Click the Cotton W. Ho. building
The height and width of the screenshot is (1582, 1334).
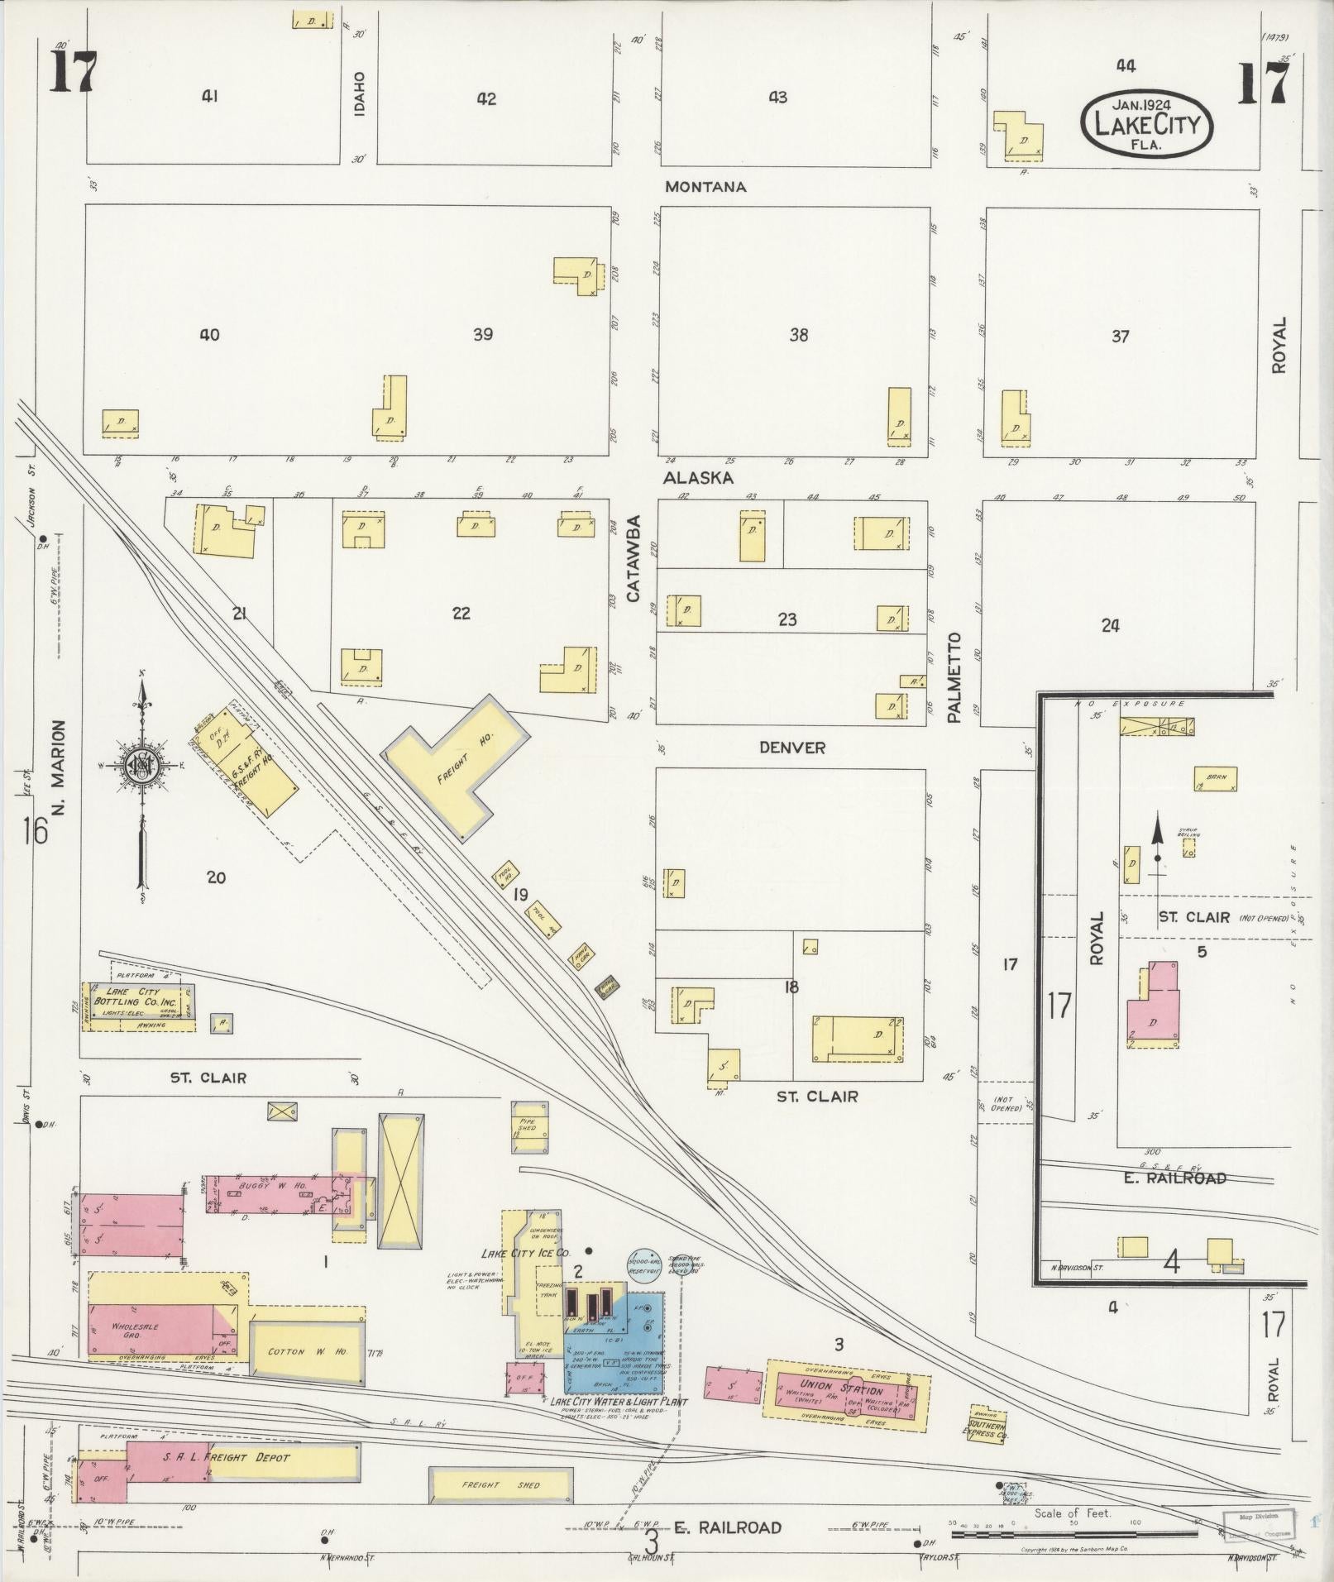(306, 1352)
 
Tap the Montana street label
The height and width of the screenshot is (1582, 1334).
(705, 187)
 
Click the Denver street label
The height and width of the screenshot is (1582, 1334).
(792, 748)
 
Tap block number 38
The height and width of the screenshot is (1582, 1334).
(798, 335)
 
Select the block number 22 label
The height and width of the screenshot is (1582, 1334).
(461, 613)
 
